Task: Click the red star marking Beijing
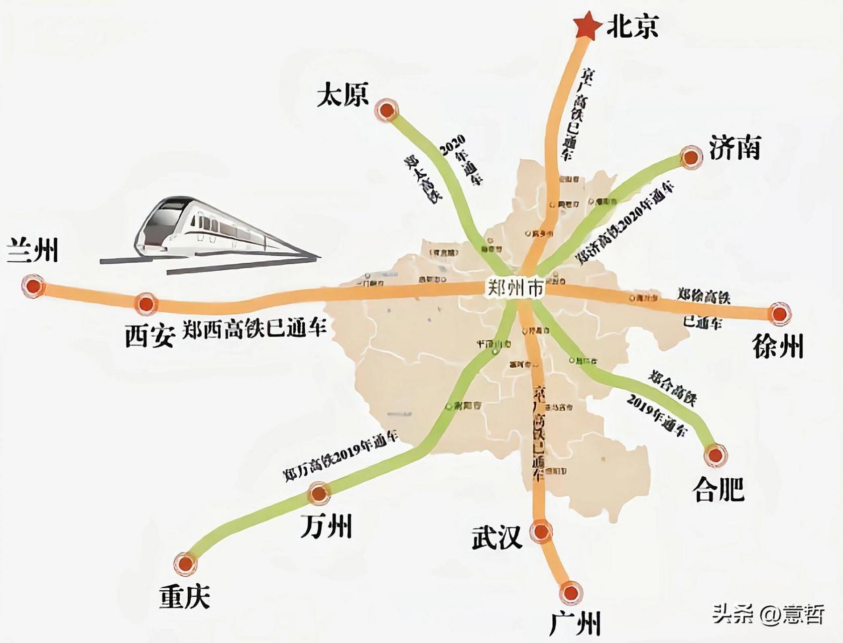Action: (x=586, y=27)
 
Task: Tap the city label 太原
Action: (x=343, y=94)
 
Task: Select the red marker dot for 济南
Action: (x=691, y=157)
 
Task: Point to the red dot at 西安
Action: (x=146, y=303)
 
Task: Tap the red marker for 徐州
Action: (x=779, y=314)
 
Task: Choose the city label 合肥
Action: (x=718, y=489)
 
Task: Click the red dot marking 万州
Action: (x=319, y=493)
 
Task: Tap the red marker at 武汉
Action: (x=541, y=531)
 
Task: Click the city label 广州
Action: (x=575, y=623)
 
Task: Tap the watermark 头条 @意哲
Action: (x=768, y=613)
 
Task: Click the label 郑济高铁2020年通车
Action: (x=625, y=224)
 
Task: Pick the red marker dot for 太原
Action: (x=387, y=110)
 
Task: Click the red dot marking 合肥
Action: (x=715, y=456)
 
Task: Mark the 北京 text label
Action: (x=633, y=26)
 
